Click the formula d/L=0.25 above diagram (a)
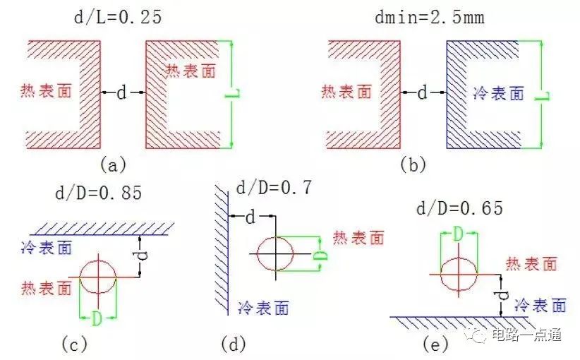[x=118, y=18]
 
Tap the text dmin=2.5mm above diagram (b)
[x=430, y=18]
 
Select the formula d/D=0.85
[x=98, y=193]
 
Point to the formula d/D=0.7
[x=274, y=188]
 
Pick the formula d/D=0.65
[x=460, y=208]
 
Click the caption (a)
[x=113, y=164]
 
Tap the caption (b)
[x=413, y=164]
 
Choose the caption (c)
[x=74, y=344]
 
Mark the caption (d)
[x=234, y=344]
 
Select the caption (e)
[x=436, y=344]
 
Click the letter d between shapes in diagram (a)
[x=121, y=92]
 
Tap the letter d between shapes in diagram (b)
[x=422, y=92]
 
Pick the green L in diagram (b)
[x=542, y=95]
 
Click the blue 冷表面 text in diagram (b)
[x=499, y=93]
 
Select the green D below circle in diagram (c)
[x=97, y=318]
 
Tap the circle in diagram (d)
[x=276, y=236]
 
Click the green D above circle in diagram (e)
[x=459, y=234]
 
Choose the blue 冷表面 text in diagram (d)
[x=263, y=308]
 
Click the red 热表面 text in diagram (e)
[x=531, y=264]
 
